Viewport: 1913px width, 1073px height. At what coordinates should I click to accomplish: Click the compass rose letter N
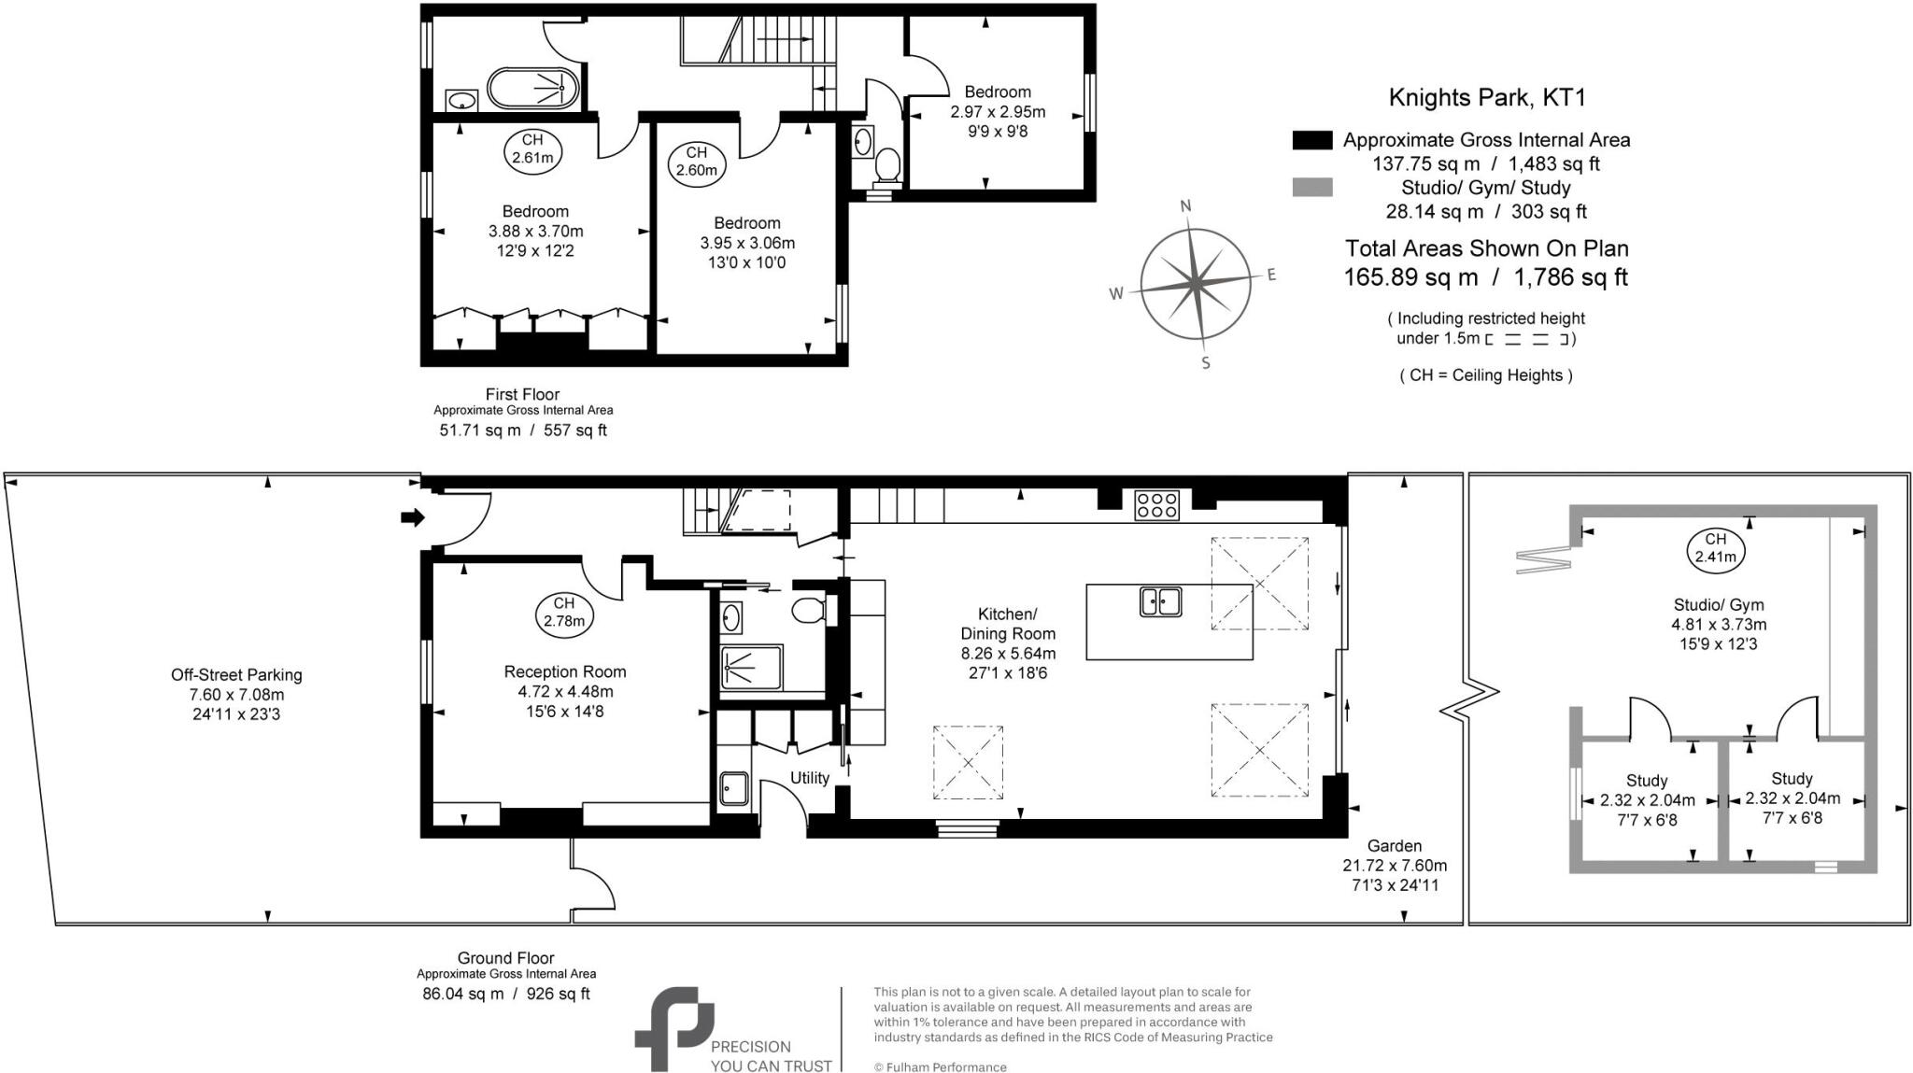(1186, 206)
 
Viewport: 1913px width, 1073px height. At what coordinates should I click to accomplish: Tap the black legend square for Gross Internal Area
(1311, 140)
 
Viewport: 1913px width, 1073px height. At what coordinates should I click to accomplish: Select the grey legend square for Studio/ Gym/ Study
(1311, 188)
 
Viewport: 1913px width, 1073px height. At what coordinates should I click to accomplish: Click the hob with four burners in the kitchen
(1156, 505)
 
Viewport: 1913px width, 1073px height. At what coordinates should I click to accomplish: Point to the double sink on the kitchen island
(1160, 601)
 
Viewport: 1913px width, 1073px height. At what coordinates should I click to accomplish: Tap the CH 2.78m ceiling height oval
(564, 613)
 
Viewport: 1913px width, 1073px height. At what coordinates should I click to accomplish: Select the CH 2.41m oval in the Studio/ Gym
(1716, 549)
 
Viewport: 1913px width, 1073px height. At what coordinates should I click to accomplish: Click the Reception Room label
(564, 671)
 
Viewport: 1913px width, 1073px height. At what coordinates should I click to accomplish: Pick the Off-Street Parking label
(236, 674)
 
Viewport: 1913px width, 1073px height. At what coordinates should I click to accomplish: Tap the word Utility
(809, 778)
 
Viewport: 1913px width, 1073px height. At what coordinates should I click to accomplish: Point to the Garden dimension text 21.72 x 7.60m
(1395, 866)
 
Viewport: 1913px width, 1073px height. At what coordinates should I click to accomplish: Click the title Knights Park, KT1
(1486, 97)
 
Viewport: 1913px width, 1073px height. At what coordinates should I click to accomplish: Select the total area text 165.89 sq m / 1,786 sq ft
(1485, 277)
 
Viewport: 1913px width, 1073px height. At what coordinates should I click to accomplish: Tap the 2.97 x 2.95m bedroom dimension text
(998, 112)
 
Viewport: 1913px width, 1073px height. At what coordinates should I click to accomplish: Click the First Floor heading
(522, 394)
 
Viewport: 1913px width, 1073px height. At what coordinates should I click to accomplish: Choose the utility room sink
(734, 789)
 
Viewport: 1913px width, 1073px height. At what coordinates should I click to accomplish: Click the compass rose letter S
(1205, 363)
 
